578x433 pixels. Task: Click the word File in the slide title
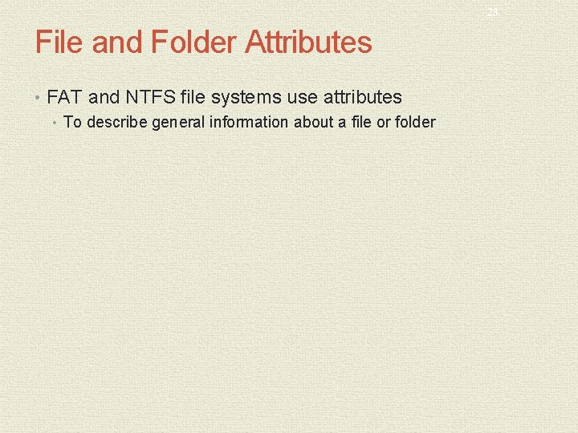[59, 42]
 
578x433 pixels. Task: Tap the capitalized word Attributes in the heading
[308, 42]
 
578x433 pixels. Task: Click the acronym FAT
[65, 98]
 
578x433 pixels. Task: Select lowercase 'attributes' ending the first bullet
[362, 98]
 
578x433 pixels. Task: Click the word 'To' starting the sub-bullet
[72, 123]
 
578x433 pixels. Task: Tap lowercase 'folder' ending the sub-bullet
[416, 123]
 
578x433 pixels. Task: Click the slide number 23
[492, 13]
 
